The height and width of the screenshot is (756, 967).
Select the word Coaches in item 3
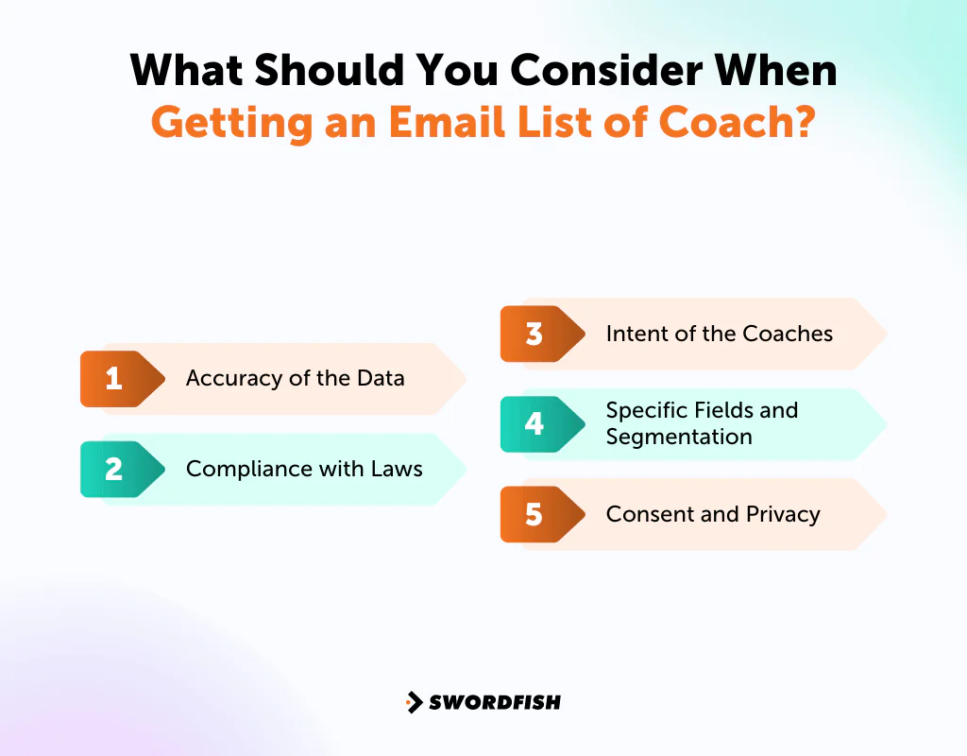(x=788, y=334)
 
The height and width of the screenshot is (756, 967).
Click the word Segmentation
(x=679, y=437)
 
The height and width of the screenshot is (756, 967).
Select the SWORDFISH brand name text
(x=495, y=702)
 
